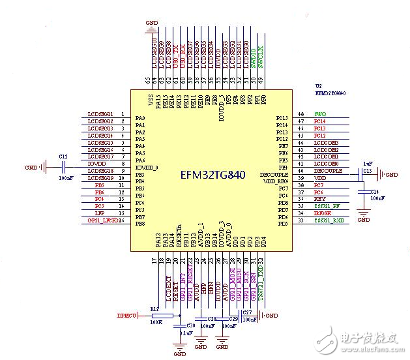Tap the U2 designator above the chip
(318, 86)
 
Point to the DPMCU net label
(127, 316)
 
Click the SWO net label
(319, 114)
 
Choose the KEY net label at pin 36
(319, 199)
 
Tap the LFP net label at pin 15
(99, 213)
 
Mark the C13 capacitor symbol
(360, 175)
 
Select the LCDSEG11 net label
(100, 114)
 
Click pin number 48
(300, 114)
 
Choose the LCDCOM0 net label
(326, 164)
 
